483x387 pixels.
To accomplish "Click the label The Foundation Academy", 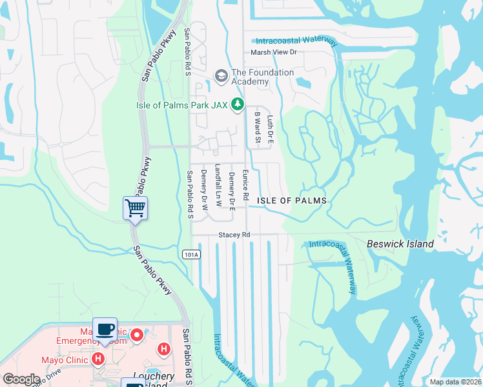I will [x=262, y=77].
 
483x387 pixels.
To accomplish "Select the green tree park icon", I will [x=238, y=104].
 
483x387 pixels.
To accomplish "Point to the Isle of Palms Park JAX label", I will [x=181, y=105].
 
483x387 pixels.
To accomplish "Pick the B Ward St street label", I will [x=257, y=127].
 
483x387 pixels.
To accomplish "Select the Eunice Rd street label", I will [x=245, y=184].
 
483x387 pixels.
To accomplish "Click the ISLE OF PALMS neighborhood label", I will [x=292, y=201].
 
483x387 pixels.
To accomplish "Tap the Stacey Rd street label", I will [x=234, y=235].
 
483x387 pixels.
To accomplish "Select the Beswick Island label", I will [x=400, y=244].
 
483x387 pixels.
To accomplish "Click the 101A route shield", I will [x=191, y=255].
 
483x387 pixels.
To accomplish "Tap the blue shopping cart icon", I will [x=135, y=208].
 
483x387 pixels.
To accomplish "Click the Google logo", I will [x=21, y=379].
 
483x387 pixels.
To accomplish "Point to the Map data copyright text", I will [x=456, y=382].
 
